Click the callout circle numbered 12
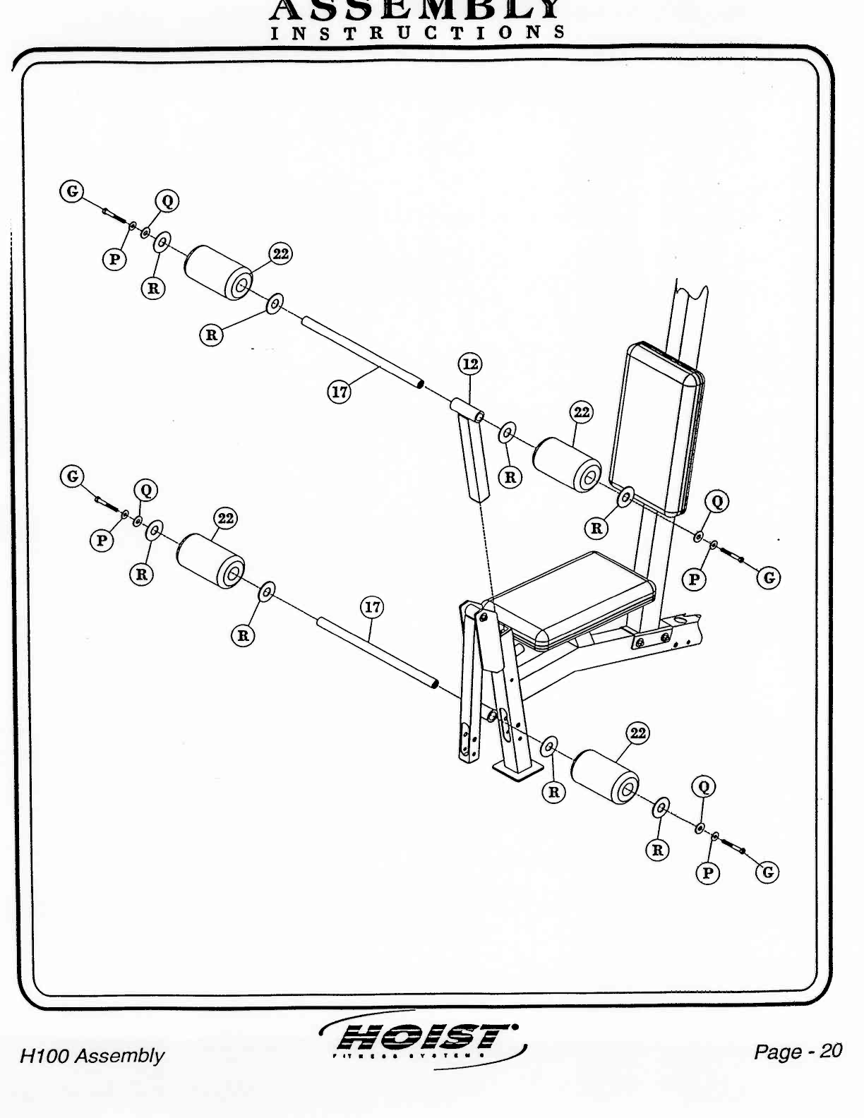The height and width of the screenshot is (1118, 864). click(x=470, y=364)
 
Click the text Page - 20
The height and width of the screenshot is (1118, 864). click(x=798, y=1052)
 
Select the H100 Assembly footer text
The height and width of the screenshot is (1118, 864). click(x=92, y=1056)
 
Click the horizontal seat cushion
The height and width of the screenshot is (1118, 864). click(x=572, y=596)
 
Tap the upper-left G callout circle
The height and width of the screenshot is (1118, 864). click(x=71, y=191)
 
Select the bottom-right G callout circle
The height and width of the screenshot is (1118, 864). click(x=768, y=872)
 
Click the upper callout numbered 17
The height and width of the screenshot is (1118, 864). click(x=340, y=391)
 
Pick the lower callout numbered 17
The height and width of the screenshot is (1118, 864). click(x=372, y=607)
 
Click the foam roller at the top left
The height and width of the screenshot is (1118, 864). click(x=219, y=272)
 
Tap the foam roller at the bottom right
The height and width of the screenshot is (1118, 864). click(x=605, y=777)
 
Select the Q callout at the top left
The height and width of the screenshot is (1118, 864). click(x=167, y=201)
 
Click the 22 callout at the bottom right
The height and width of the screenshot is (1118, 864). click(x=637, y=733)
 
